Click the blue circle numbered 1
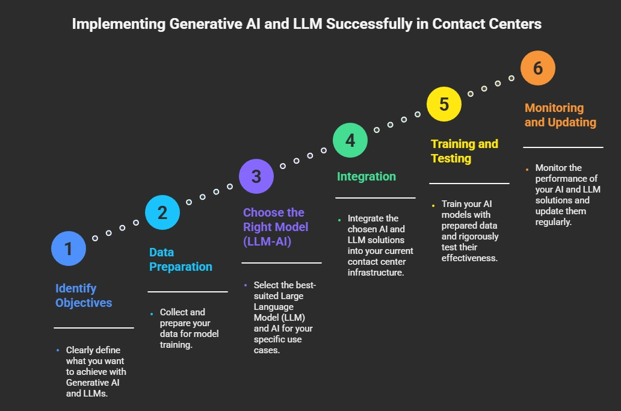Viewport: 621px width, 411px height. [69, 248]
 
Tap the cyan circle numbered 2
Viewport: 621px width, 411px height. [162, 212]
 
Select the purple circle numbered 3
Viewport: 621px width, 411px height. [256, 176]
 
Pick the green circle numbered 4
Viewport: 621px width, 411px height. [350, 140]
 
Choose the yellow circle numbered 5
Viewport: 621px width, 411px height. [444, 104]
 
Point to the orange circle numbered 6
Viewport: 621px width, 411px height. [538, 68]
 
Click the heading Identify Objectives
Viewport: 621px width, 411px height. [84, 295]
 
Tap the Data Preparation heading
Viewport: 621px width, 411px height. [181, 259]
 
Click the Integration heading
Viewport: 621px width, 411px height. [366, 176]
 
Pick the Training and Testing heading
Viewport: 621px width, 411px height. [465, 151]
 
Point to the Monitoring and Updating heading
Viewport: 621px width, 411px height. [560, 115]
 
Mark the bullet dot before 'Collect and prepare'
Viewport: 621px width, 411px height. [152, 314]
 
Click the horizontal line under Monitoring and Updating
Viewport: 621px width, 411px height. [563, 147]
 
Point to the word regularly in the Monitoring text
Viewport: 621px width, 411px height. [553, 222]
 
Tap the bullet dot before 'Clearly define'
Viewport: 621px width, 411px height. [58, 350]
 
